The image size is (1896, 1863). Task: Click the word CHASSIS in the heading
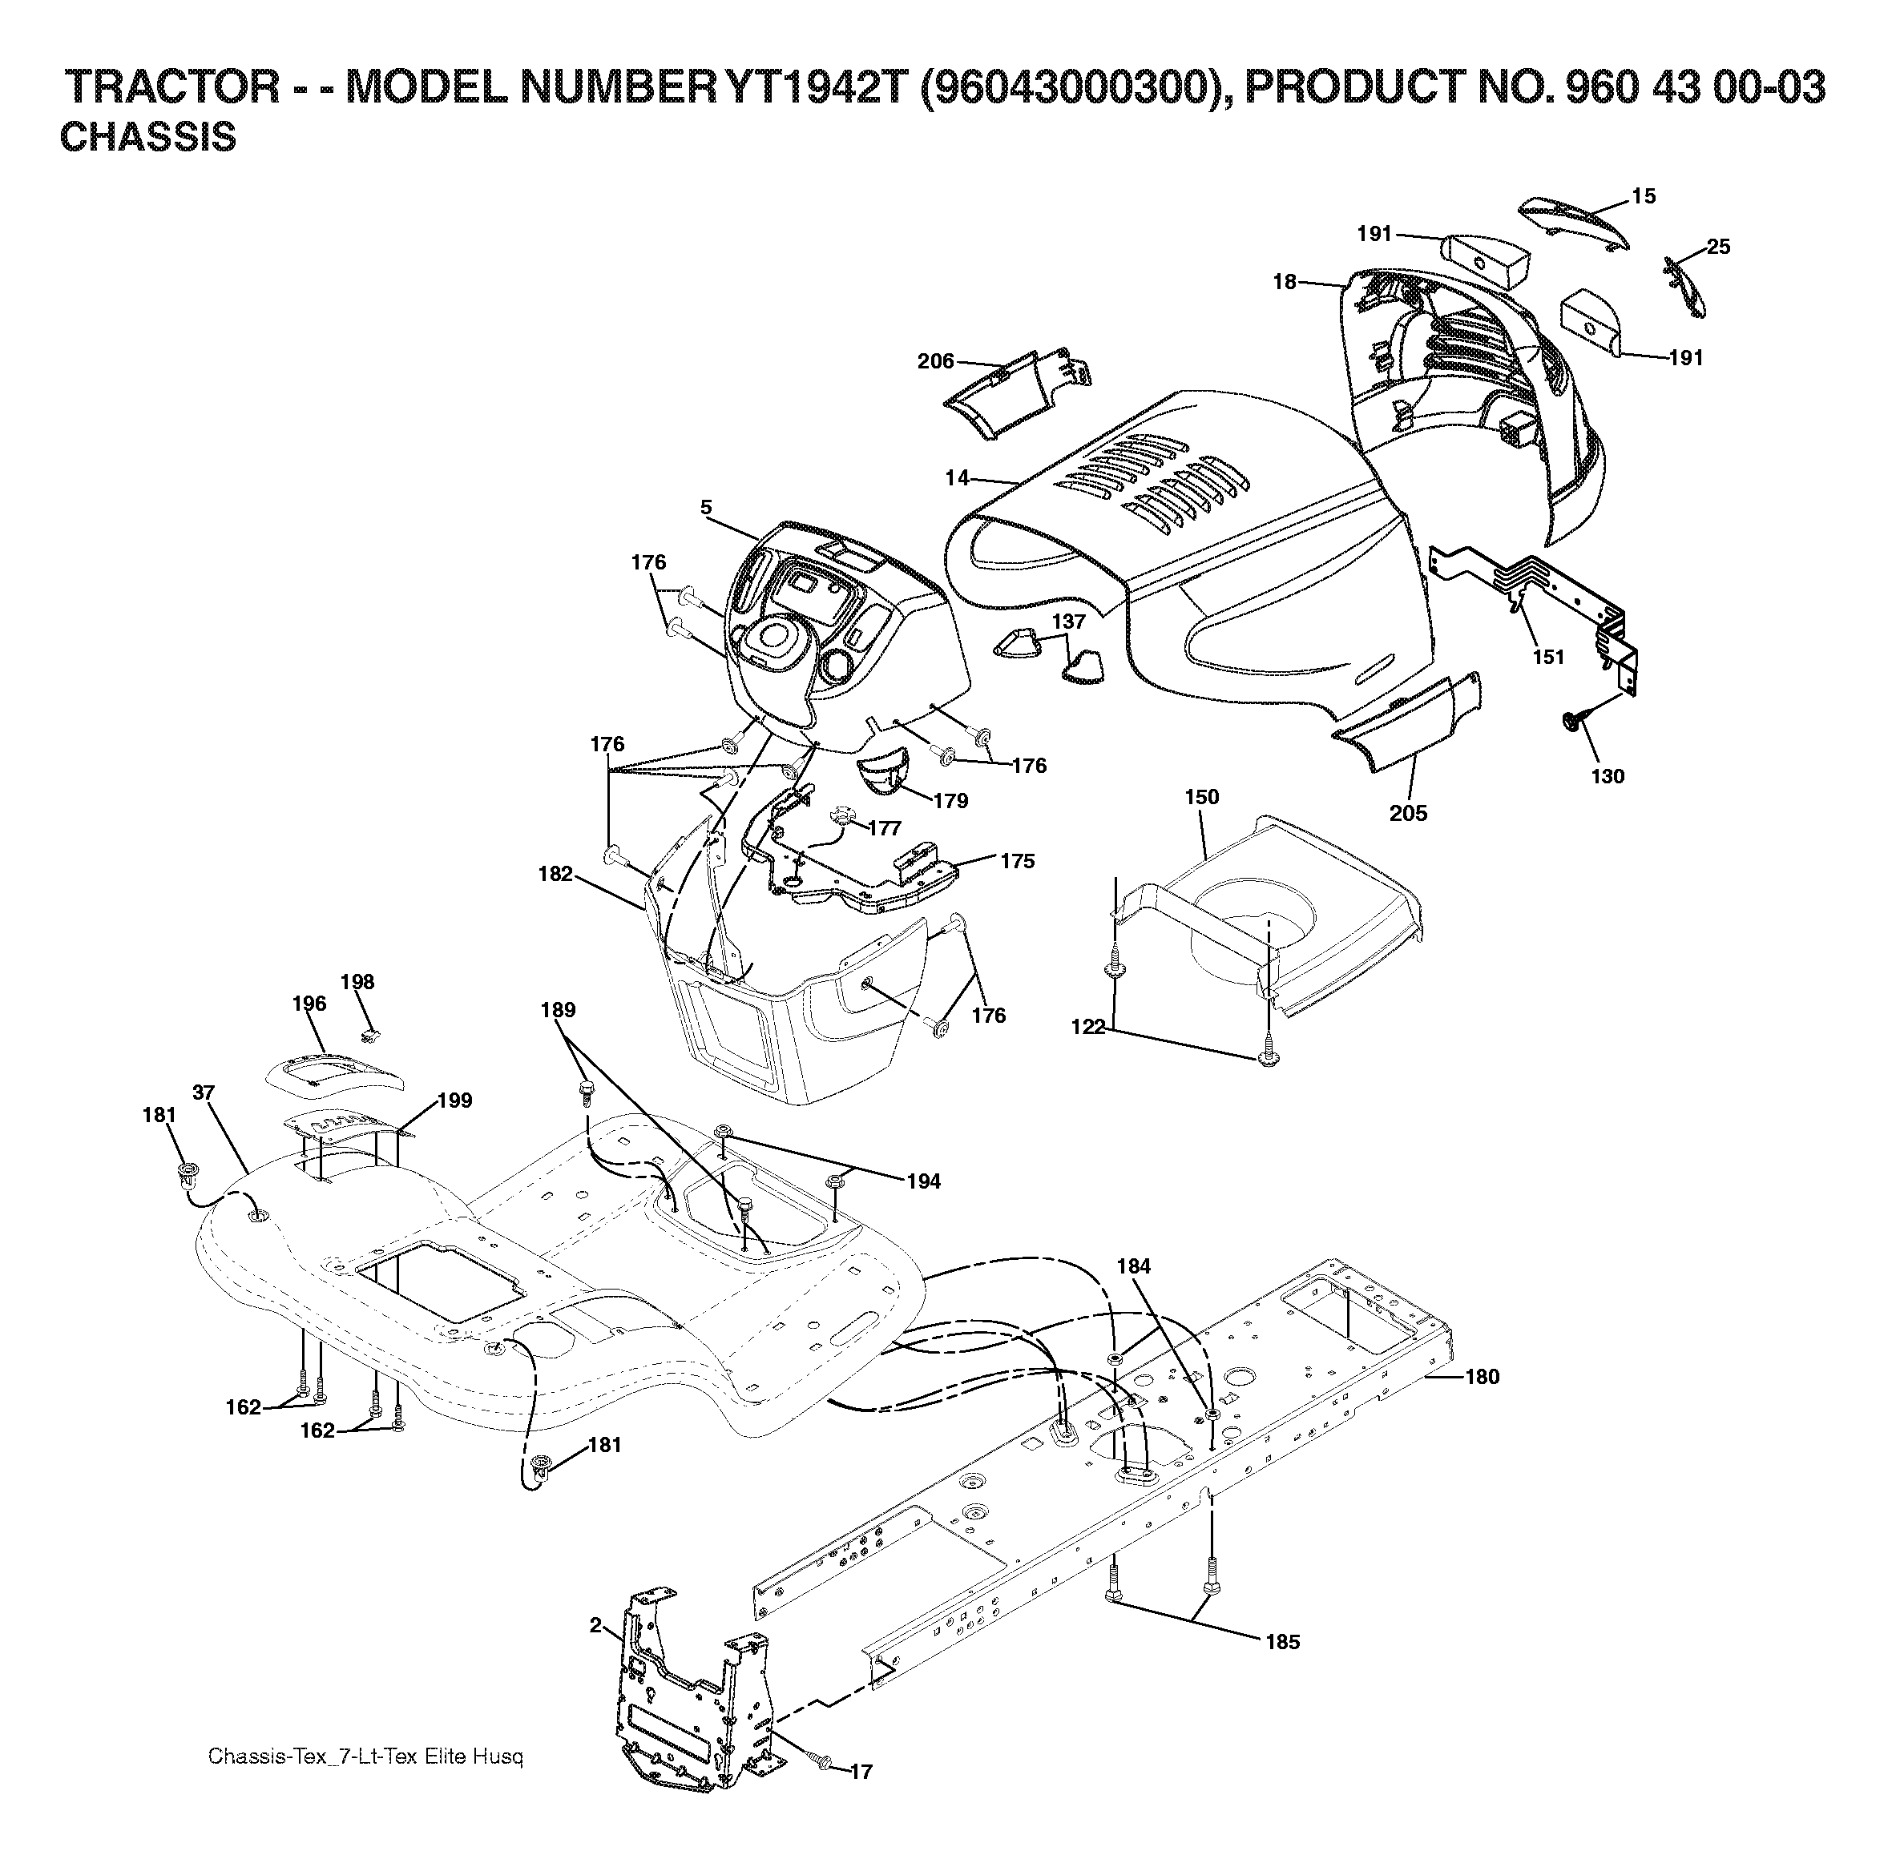tap(147, 138)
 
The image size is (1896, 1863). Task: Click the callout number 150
tap(1202, 796)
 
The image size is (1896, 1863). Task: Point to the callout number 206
tap(936, 361)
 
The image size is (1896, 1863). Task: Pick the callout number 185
tap(1282, 1641)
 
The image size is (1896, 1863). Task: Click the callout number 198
tap(357, 981)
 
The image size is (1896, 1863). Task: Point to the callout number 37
tap(204, 1092)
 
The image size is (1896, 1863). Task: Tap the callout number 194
tap(923, 1181)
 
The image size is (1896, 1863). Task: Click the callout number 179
tap(950, 800)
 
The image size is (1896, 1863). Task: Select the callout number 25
tap(1718, 247)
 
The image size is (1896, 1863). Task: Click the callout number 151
tap(1548, 657)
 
